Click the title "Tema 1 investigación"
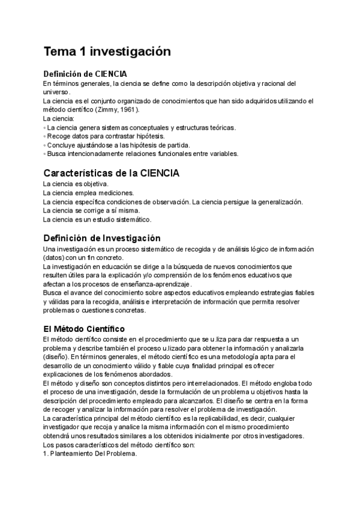point(107,52)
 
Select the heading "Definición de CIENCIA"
point(85,74)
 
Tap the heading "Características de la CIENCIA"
point(111,173)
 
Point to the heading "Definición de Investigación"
point(101,238)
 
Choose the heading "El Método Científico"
point(84,329)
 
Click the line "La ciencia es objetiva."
point(76,184)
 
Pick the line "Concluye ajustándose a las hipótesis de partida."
point(118,145)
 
